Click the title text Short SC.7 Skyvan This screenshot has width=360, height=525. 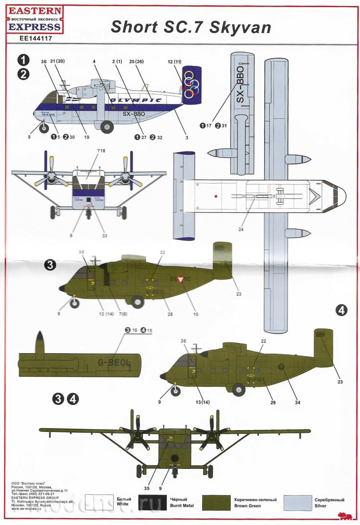pyautogui.click(x=191, y=27)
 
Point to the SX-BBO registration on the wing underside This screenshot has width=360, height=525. pyautogui.click(x=241, y=85)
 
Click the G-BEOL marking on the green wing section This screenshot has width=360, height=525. pyautogui.click(x=114, y=363)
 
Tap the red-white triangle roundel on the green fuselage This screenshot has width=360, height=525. pyautogui.click(x=180, y=280)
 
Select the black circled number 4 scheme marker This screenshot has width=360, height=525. pyautogui.click(x=341, y=310)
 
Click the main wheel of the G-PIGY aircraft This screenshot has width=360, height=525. pyautogui.click(x=238, y=391)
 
